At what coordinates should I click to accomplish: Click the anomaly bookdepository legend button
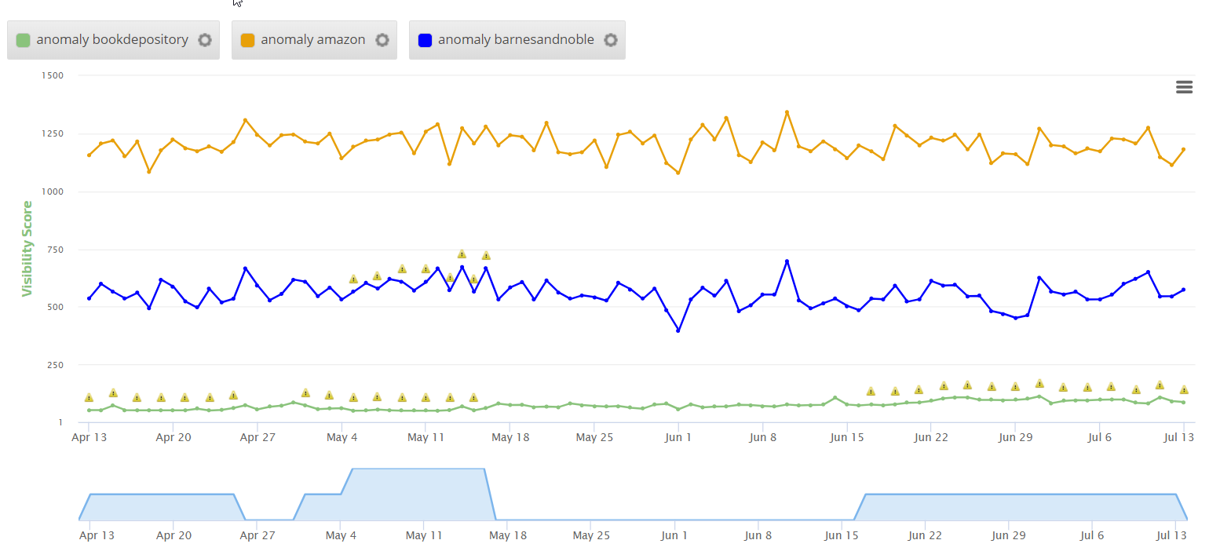pyautogui.click(x=111, y=40)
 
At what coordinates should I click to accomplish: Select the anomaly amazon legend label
pyautogui.click(x=312, y=40)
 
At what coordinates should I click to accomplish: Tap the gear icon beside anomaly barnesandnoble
pyautogui.click(x=610, y=40)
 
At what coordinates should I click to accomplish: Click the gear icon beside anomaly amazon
pyautogui.click(x=382, y=40)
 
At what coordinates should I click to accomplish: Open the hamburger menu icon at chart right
pyautogui.click(x=1184, y=87)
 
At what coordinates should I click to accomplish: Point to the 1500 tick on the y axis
pyautogui.click(x=53, y=75)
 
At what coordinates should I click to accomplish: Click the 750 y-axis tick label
pyautogui.click(x=55, y=250)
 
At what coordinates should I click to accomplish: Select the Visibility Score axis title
pyautogui.click(x=28, y=249)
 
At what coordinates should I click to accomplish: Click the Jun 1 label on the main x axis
pyautogui.click(x=678, y=437)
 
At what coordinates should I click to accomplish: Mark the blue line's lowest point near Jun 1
pyautogui.click(x=678, y=330)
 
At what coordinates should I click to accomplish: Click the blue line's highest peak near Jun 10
pyautogui.click(x=787, y=261)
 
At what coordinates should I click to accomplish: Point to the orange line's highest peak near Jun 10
pyautogui.click(x=787, y=112)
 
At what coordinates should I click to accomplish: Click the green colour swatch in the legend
pyautogui.click(x=24, y=40)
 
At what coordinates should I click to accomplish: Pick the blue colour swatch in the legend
pyautogui.click(x=425, y=40)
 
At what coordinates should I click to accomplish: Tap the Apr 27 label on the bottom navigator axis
pyautogui.click(x=258, y=536)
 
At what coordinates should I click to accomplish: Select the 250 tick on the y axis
pyautogui.click(x=55, y=365)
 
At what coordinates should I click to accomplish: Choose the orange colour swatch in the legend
pyautogui.click(x=247, y=40)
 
